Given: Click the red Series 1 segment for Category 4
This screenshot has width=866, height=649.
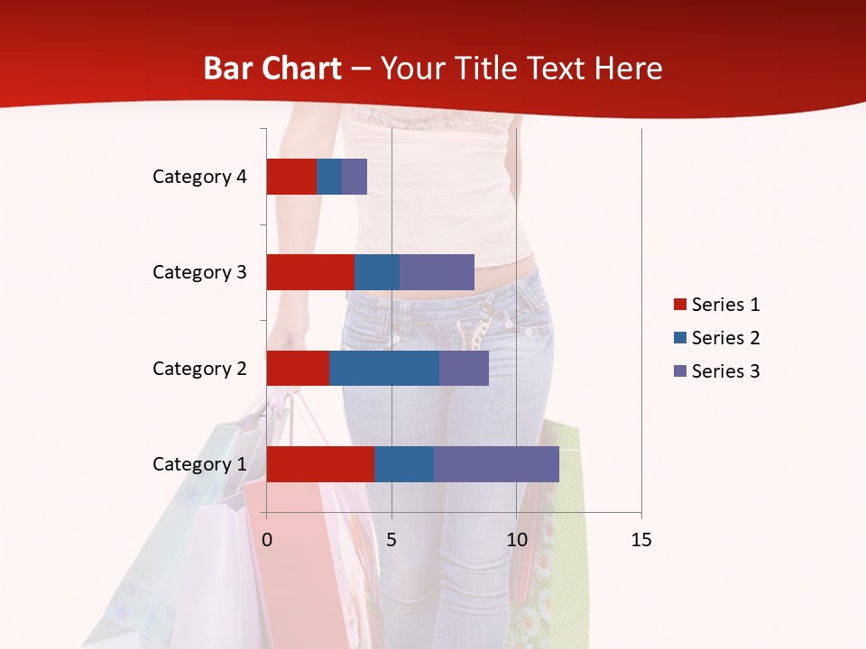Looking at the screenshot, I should pos(291,177).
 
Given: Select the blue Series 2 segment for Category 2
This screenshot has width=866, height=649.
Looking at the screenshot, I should pos(384,368).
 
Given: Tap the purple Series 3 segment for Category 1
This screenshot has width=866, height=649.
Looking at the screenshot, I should pos(496,464).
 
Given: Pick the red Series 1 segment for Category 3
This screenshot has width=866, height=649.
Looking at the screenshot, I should pos(310,272).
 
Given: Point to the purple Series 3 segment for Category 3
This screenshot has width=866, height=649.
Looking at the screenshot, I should pos(437,272).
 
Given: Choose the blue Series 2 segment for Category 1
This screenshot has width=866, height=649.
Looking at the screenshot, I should pos(404,464).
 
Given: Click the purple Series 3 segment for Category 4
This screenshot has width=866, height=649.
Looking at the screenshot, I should pos(355,177).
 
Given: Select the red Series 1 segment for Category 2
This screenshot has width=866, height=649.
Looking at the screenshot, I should pos(298,368).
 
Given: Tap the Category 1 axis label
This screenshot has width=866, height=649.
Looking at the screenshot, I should pos(199,464).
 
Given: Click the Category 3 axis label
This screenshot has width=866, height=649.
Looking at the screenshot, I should pos(199,272).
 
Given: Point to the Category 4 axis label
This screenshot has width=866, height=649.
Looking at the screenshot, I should pos(199,177).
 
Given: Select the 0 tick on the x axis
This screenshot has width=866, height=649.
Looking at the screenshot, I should pos(267,540).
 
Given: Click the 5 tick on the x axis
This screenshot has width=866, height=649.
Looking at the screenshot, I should pos(392,540).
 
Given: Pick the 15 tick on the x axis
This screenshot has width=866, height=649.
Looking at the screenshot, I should pos(641,540).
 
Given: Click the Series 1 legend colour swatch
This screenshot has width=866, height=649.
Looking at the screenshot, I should pos(679,305).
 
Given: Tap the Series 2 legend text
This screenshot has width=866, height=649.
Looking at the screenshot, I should pos(725,338).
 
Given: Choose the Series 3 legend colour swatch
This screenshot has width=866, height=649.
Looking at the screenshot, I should pos(679,371).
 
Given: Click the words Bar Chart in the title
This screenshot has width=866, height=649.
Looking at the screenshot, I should pos(272,69).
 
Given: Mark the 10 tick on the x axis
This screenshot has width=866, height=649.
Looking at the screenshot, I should pos(516,540).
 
